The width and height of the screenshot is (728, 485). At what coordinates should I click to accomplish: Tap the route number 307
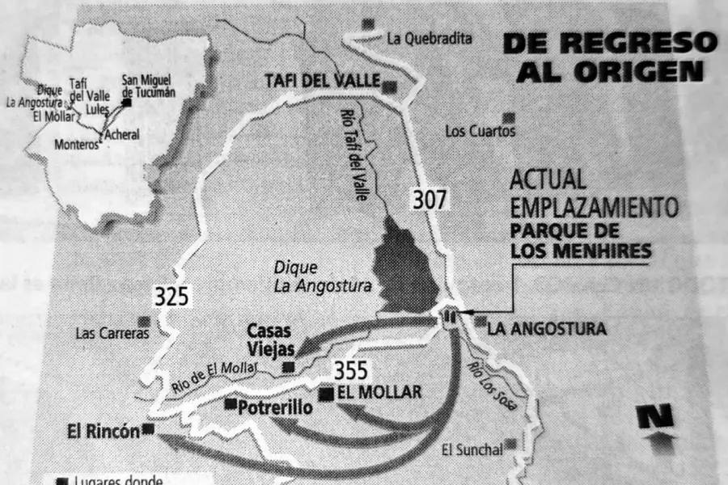point(429,199)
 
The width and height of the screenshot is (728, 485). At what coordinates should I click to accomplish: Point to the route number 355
point(350,371)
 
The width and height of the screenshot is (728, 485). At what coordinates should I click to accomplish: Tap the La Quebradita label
point(429,37)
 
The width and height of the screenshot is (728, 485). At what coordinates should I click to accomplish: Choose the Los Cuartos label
point(480,130)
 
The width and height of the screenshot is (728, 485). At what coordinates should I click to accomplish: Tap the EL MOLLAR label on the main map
point(379,393)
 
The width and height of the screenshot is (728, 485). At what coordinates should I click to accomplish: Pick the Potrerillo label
point(275,408)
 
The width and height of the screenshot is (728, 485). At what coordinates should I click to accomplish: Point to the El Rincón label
point(103,431)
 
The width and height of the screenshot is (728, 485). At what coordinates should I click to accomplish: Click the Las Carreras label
point(112,332)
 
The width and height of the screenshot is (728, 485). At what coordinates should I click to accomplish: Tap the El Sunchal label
point(471,449)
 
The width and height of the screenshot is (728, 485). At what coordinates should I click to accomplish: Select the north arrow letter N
point(657,417)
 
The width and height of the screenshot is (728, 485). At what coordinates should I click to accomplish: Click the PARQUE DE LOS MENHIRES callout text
point(581,240)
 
